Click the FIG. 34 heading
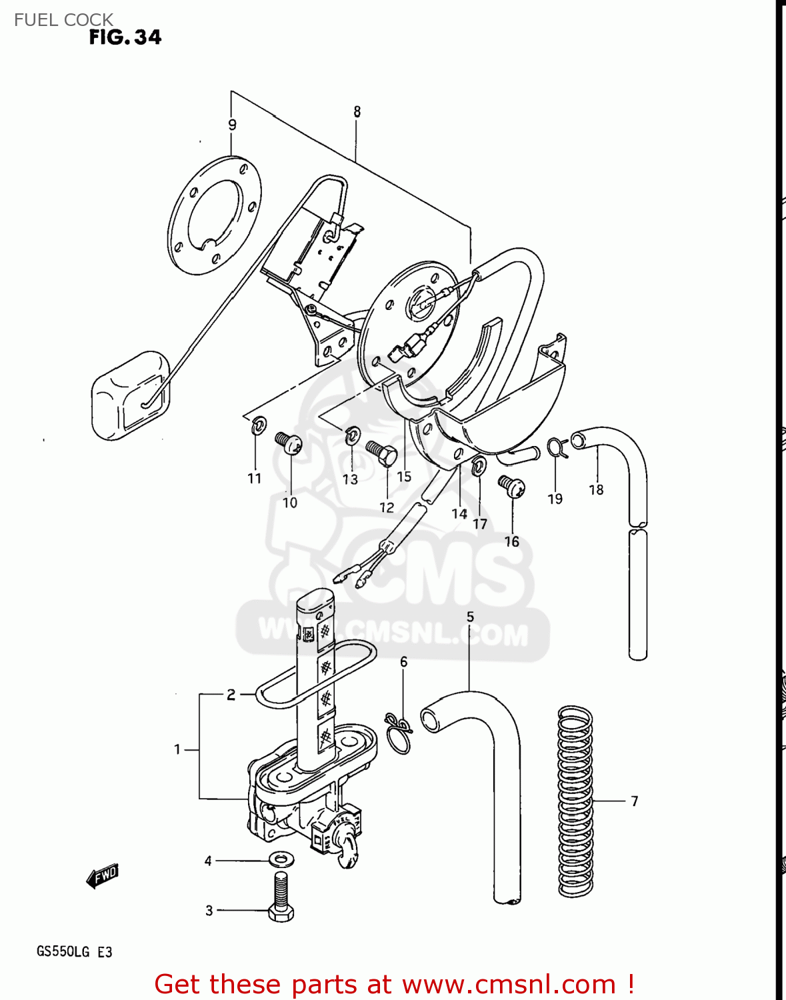pyautogui.click(x=125, y=37)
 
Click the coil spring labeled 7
pyautogui.click(x=575, y=800)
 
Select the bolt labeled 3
pyautogui.click(x=281, y=897)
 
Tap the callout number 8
pyautogui.click(x=357, y=112)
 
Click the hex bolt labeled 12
pyautogui.click(x=381, y=454)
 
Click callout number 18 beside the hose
pyautogui.click(x=596, y=489)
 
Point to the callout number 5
pyautogui.click(x=470, y=617)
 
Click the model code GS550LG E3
pyautogui.click(x=74, y=951)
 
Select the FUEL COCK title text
pyautogui.click(x=63, y=19)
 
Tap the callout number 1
pyautogui.click(x=177, y=749)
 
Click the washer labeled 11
pyautogui.click(x=258, y=425)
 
